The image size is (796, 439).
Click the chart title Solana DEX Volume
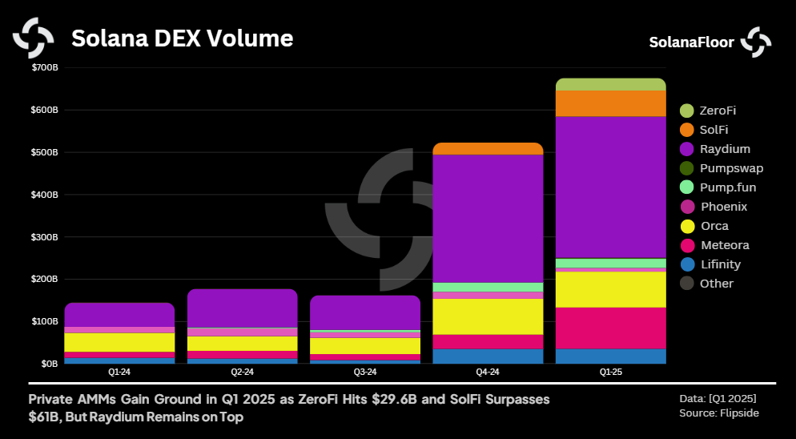pos(183,38)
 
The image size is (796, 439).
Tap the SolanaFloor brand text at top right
pos(691,42)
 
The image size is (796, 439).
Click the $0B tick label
pos(50,364)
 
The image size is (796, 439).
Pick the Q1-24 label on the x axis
pos(119,373)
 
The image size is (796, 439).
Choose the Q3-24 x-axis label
pos(364,373)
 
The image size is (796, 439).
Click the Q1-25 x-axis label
pos(610,373)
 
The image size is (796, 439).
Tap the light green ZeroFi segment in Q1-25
pos(610,84)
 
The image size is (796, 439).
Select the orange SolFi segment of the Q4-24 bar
pos(488,148)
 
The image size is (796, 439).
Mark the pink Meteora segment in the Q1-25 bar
pos(610,328)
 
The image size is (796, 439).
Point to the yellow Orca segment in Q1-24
pos(119,342)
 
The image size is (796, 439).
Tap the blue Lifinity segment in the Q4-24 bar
pos(488,356)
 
